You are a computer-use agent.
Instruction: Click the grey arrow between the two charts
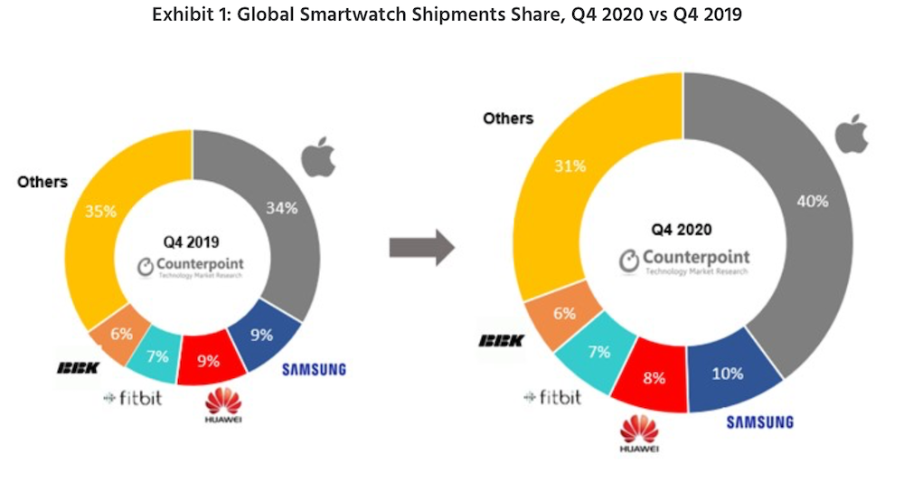coord(419,247)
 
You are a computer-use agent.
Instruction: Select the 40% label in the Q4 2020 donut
coord(810,201)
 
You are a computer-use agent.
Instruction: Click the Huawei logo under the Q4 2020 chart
coord(634,433)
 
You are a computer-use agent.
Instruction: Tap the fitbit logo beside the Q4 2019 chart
coord(133,398)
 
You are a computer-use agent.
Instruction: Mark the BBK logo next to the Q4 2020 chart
coord(501,341)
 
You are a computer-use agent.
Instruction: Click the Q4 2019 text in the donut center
coord(192,241)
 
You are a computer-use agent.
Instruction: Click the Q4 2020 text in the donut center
coord(683,230)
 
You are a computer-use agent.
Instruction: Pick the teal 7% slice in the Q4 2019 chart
coord(157,355)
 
